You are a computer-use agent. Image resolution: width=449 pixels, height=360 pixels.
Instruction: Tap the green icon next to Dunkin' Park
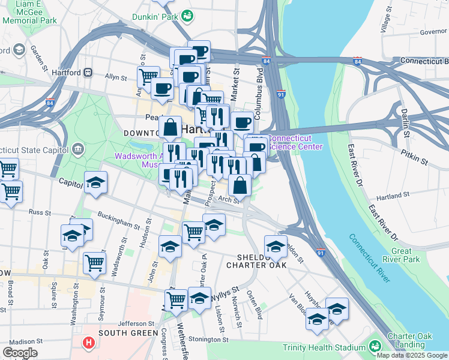[187, 15]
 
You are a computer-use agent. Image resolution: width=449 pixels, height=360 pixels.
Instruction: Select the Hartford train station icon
[88, 73]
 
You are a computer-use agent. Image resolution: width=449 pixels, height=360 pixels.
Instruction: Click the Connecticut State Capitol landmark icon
[78, 148]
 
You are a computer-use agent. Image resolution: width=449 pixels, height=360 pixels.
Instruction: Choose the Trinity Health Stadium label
[324, 347]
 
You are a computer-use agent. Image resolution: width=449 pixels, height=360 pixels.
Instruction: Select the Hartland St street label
[392, 195]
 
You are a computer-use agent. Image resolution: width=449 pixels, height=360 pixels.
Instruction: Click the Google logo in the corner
[20, 352]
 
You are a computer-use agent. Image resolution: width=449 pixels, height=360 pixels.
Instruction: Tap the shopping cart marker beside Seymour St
[95, 262]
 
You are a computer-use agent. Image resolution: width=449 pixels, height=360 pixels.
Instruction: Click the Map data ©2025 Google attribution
[412, 355]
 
